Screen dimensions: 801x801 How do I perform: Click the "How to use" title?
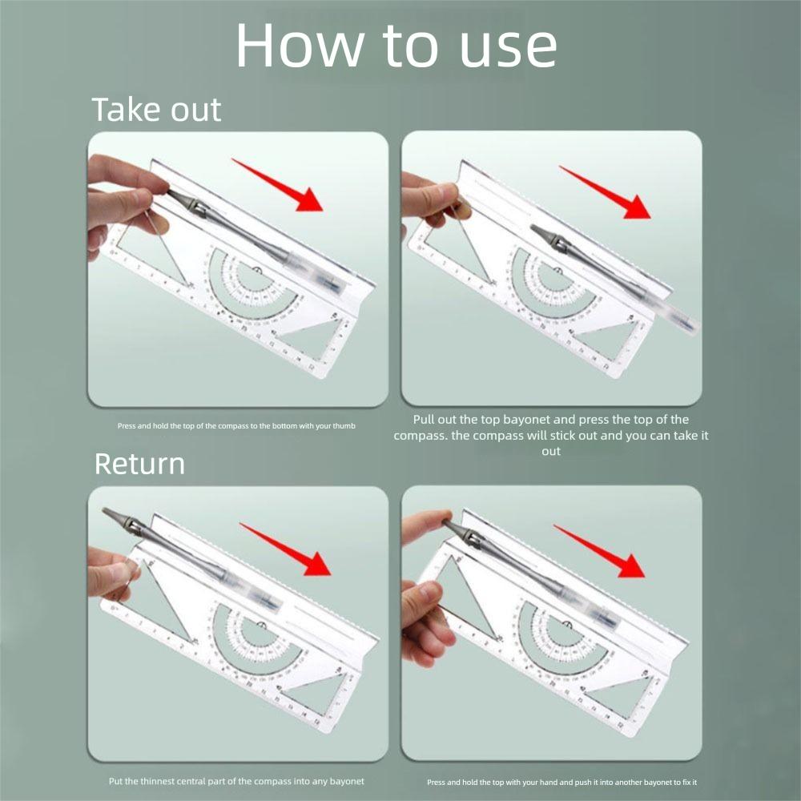click(x=396, y=46)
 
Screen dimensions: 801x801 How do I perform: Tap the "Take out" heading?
click(x=156, y=109)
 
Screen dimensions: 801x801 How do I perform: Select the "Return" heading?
click(x=139, y=464)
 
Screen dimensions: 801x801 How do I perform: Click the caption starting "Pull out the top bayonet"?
click(x=551, y=435)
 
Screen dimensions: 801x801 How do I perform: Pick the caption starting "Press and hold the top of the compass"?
click(x=236, y=425)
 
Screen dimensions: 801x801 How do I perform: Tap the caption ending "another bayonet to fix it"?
click(x=567, y=782)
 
